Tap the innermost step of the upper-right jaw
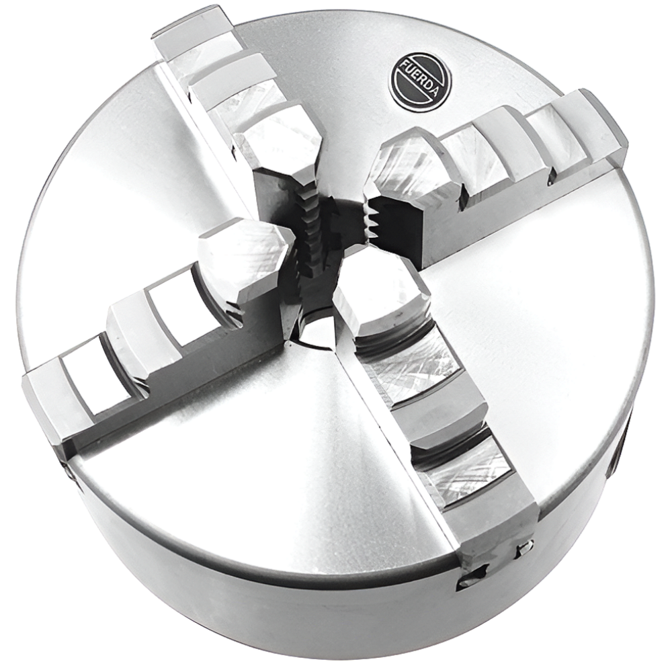(407, 163)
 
